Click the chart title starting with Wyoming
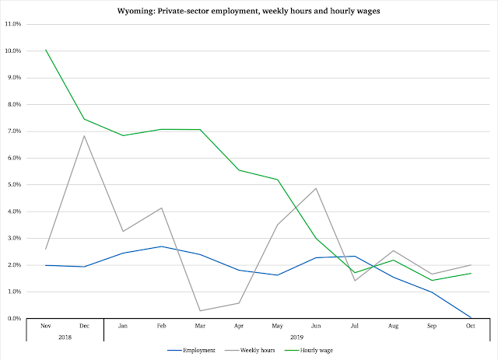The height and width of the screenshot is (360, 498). pyautogui.click(x=249, y=11)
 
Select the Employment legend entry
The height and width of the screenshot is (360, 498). pyautogui.click(x=191, y=350)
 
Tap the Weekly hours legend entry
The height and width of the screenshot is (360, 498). pyautogui.click(x=250, y=350)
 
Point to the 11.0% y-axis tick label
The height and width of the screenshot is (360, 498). pyautogui.click(x=13, y=24)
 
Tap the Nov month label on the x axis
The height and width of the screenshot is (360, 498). pyautogui.click(x=46, y=326)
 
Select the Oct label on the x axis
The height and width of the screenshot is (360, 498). pyautogui.click(x=470, y=326)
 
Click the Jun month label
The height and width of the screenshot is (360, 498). pyautogui.click(x=316, y=326)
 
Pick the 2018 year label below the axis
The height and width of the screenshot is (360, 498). pyautogui.click(x=65, y=337)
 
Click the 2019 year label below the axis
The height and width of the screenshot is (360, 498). pyautogui.click(x=296, y=337)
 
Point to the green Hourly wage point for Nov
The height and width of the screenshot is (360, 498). pyautogui.click(x=46, y=50)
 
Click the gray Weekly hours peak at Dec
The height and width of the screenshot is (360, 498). pyautogui.click(x=84, y=136)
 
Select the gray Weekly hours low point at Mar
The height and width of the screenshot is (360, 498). pyautogui.click(x=200, y=310)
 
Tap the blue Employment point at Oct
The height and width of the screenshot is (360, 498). pyautogui.click(x=470, y=317)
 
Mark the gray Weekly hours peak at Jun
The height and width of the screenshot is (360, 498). pyautogui.click(x=316, y=188)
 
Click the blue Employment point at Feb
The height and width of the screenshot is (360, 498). pyautogui.click(x=162, y=246)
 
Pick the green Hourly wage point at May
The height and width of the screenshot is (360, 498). pyautogui.click(x=277, y=180)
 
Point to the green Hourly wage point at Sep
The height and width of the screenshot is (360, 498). pyautogui.click(x=432, y=281)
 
